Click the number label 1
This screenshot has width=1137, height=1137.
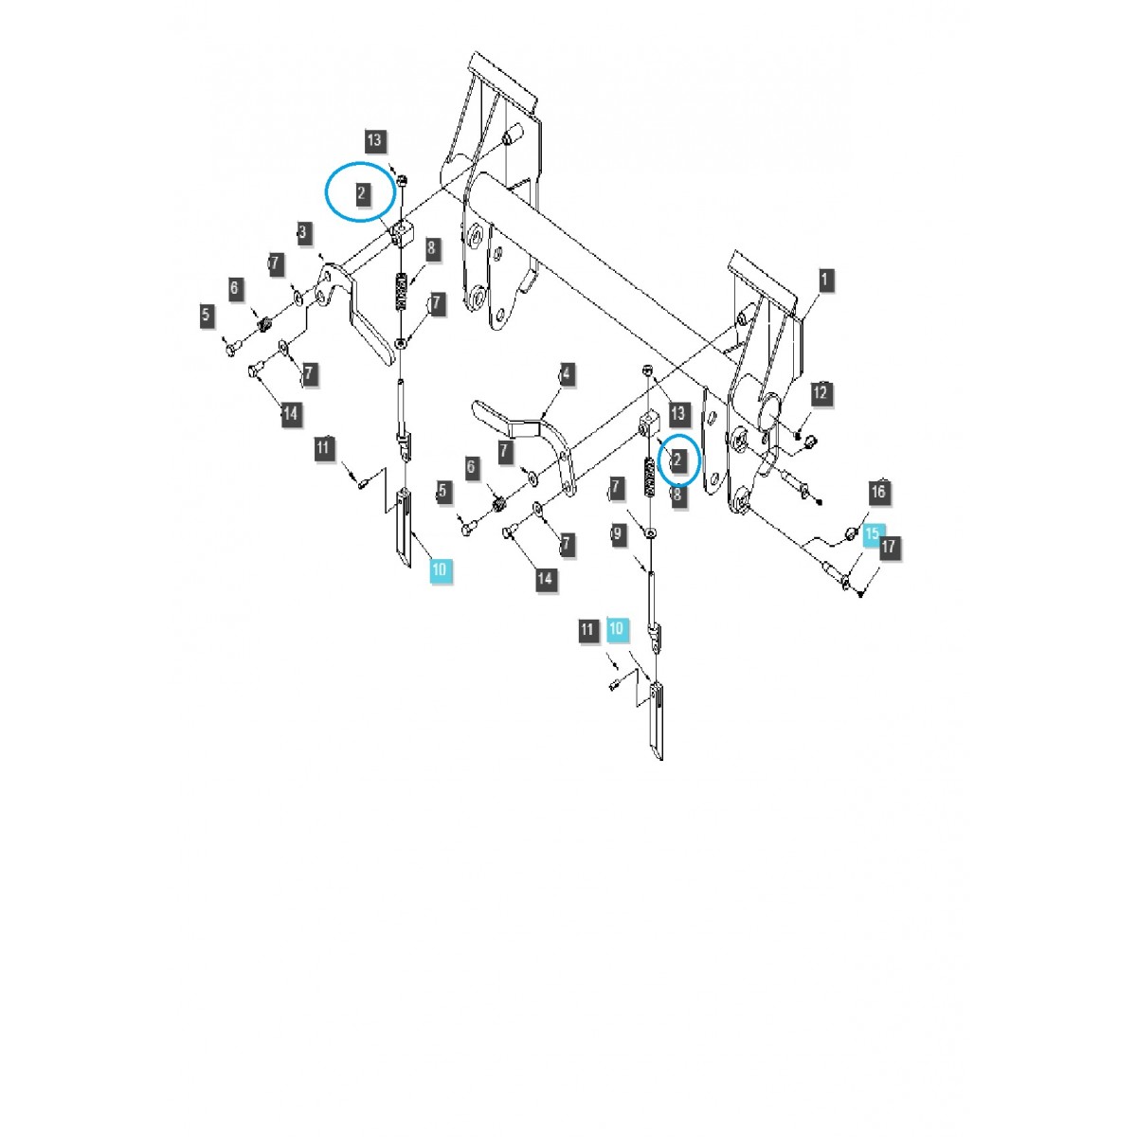[x=824, y=280]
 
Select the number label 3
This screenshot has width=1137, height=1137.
[x=303, y=232]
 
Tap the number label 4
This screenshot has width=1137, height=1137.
[x=566, y=373]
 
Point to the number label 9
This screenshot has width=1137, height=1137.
[x=618, y=535]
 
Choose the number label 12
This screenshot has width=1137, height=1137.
[x=821, y=393]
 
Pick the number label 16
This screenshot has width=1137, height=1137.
[x=878, y=491]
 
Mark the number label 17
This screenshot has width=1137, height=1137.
[x=888, y=548]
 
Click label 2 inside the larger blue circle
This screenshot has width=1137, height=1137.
[x=362, y=194]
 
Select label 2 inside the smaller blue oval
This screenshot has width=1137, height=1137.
[x=677, y=460]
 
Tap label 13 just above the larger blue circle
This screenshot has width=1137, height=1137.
[x=374, y=141]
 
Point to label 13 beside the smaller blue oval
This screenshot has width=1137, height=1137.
[x=677, y=414]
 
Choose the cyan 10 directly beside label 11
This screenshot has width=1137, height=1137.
[x=617, y=628]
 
